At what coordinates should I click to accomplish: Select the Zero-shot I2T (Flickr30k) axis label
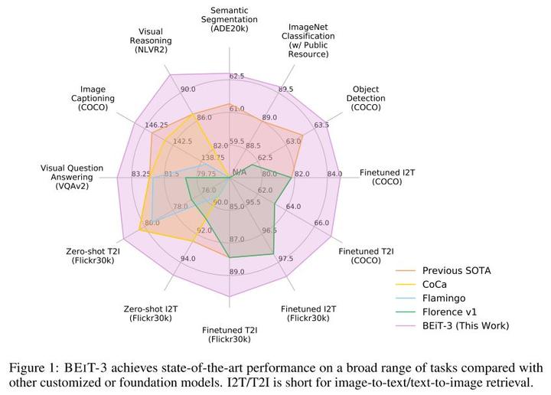151,313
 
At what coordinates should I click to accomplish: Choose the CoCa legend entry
439,284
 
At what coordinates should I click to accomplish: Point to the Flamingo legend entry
445,298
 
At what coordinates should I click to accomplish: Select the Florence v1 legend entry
448,312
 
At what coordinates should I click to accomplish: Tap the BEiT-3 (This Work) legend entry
465,325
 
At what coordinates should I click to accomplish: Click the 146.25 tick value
156,125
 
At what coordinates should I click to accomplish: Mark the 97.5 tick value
286,258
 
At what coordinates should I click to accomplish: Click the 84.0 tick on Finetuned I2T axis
334,174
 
